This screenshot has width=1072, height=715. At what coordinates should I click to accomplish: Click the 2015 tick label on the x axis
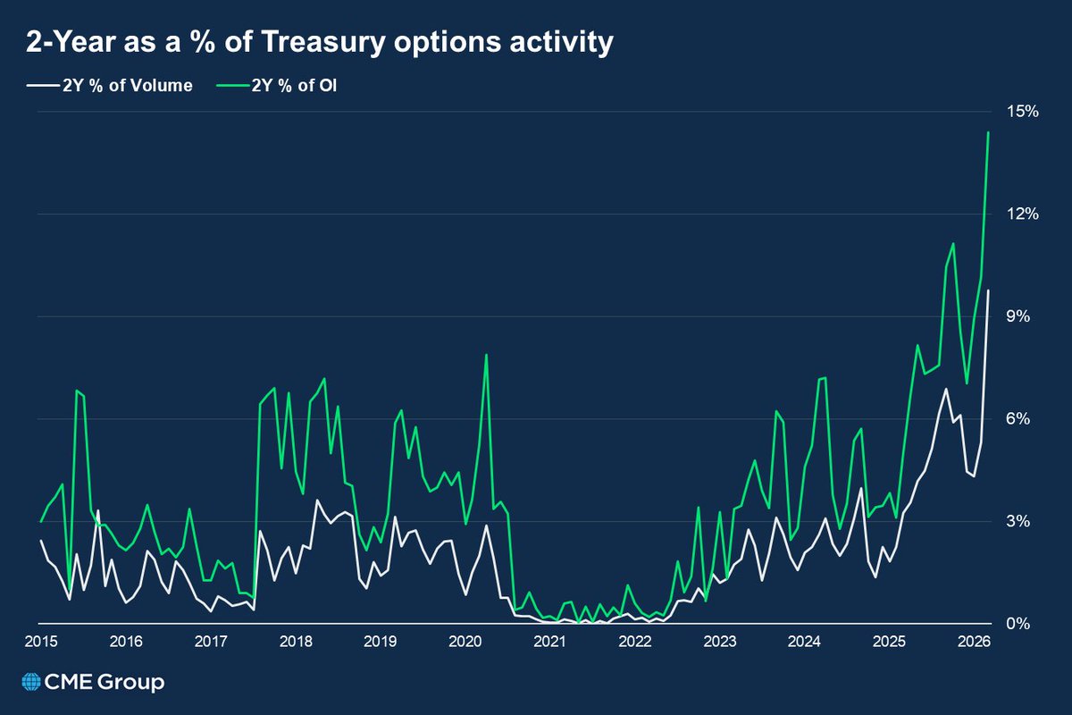pyautogui.click(x=41, y=642)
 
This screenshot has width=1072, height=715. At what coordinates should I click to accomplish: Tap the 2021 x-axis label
pyautogui.click(x=550, y=642)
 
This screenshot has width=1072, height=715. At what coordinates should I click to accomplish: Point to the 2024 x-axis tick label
pyautogui.click(x=805, y=642)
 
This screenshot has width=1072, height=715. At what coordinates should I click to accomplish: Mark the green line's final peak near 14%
pyautogui.click(x=988, y=133)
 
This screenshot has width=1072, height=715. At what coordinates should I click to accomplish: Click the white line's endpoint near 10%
pyautogui.click(x=988, y=290)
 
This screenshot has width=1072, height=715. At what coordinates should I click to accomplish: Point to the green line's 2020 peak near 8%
pyautogui.click(x=486, y=355)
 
